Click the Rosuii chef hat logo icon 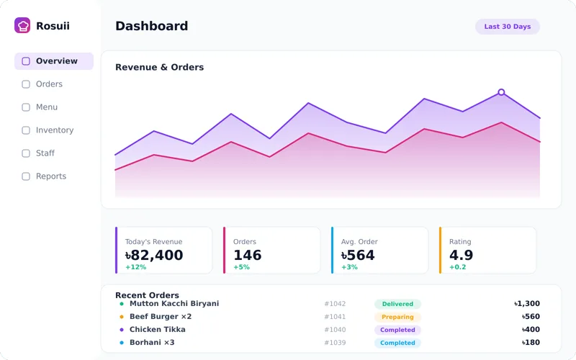click(22, 25)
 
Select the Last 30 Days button click(508, 27)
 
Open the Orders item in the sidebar click(49, 84)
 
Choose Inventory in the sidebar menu click(55, 130)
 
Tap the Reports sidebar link click(51, 176)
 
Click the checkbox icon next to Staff click(26, 153)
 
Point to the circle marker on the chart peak click(501, 92)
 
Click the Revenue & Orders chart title click(159, 67)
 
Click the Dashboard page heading click(152, 26)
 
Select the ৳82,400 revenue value click(154, 255)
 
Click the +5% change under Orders click(241, 267)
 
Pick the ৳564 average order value click(358, 255)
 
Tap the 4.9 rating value click(461, 255)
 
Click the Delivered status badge click(397, 304)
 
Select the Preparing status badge click(397, 317)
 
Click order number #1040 click(335, 330)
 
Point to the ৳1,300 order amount click(527, 303)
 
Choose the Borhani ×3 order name click(152, 343)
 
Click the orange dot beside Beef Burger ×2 click(122, 317)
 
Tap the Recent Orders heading click(147, 295)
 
